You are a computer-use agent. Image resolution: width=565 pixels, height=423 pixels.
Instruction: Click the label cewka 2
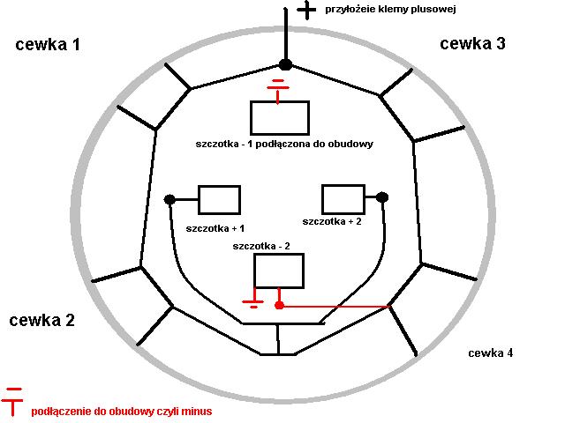pos(41,320)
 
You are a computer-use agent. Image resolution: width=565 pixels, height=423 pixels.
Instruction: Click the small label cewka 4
pos(490,353)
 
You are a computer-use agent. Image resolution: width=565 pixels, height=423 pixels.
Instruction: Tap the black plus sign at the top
pos(306,10)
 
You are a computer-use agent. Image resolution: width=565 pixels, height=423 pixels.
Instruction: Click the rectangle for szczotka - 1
pos(279,117)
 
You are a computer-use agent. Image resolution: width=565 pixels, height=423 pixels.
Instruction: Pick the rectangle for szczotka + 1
pos(219,199)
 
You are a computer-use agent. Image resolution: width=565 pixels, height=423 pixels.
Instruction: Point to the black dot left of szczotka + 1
pos(169,200)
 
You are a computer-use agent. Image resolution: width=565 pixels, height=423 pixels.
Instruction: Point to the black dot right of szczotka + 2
pos(382,197)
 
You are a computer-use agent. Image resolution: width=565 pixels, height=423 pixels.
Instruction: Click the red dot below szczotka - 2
pos(279,306)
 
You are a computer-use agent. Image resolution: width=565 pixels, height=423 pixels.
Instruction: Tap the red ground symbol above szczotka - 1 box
pos(278,88)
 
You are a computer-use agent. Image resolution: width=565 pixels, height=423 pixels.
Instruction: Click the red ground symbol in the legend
pos(14,401)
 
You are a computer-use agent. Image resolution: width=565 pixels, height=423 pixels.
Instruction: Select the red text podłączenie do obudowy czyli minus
pos(121,412)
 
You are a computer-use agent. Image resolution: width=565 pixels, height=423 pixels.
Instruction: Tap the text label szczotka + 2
pos(332,221)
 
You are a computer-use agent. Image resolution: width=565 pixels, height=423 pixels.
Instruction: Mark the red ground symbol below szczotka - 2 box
pos(253,302)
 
